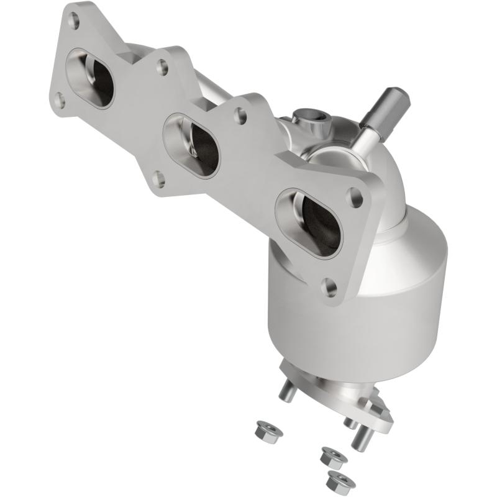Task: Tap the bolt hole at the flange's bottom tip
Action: click(x=330, y=286)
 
